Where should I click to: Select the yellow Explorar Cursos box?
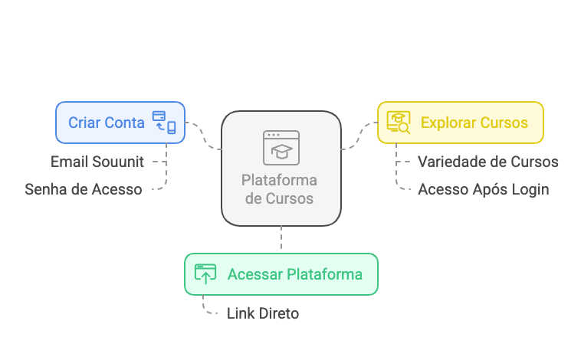(x=460, y=123)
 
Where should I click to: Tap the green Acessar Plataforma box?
(x=281, y=274)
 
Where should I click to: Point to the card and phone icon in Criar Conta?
(x=164, y=123)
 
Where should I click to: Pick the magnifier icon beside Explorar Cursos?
(x=399, y=123)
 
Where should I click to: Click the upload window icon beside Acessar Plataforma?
(x=205, y=274)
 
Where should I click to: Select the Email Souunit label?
(x=97, y=162)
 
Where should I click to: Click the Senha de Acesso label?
(x=83, y=189)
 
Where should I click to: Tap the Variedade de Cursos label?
(x=487, y=162)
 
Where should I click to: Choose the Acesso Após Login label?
(x=483, y=189)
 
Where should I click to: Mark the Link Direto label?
(x=263, y=313)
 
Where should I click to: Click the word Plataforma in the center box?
(x=279, y=181)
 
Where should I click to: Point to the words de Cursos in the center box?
(x=279, y=198)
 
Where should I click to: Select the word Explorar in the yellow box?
(x=448, y=123)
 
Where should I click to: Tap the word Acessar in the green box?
(x=254, y=274)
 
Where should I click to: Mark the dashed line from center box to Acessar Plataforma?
(x=281, y=239)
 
